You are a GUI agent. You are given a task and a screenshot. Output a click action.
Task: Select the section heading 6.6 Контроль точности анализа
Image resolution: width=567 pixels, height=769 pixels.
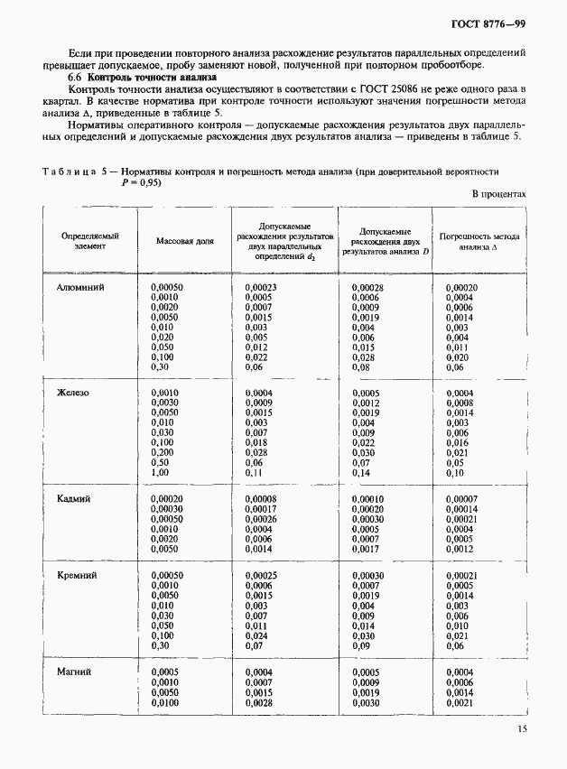pos(143,78)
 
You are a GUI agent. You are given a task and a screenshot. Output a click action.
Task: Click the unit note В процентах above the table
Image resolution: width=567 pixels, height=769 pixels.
pos(498,194)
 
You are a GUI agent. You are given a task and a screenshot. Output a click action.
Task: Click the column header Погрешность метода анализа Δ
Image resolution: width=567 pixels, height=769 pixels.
pos(479,241)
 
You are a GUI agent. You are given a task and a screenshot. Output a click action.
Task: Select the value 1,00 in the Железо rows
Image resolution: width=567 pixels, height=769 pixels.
pos(160,473)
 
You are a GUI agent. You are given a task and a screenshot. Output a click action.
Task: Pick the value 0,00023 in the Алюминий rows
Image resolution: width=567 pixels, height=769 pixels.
pos(261,287)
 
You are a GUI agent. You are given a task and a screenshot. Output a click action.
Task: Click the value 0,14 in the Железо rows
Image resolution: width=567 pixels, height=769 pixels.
pos(361,473)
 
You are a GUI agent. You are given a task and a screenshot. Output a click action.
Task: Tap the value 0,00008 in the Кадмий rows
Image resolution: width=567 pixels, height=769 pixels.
pos(261,498)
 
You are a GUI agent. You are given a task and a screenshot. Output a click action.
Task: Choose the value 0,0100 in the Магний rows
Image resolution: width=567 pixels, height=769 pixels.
pos(165,702)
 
